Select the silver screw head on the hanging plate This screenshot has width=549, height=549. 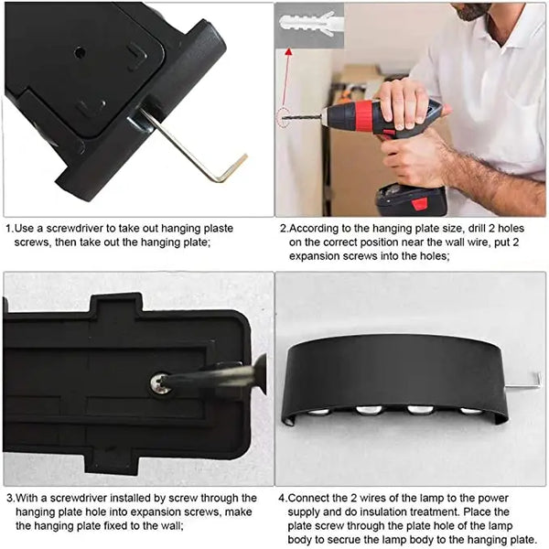tap(162, 385)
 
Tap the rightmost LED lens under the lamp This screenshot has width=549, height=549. tap(469, 411)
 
